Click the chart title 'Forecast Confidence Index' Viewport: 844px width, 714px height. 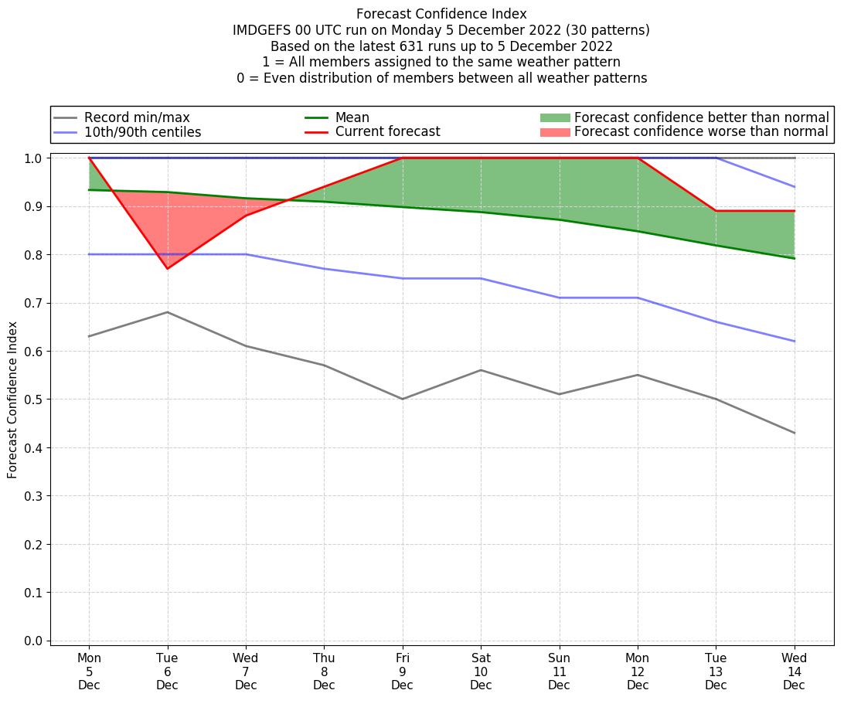441,14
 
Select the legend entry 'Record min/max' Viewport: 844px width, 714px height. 137,117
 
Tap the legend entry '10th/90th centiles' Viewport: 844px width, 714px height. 142,132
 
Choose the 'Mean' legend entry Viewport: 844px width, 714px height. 352,117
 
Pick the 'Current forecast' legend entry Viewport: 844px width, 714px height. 387,132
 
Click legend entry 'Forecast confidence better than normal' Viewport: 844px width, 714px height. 701,117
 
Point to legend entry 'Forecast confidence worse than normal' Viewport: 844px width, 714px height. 701,132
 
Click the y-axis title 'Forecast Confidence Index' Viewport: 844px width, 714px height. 13,399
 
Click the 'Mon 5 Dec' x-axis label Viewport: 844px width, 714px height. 89,671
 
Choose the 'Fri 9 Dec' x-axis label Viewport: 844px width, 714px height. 402,671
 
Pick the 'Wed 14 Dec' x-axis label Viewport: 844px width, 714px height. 794,671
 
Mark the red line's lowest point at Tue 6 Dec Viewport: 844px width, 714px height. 168,268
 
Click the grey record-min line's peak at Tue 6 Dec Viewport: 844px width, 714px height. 168,312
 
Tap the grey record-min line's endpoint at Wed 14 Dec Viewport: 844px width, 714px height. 794,433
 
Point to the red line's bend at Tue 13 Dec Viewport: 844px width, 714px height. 716,211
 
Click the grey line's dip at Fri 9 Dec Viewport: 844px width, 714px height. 402,399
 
